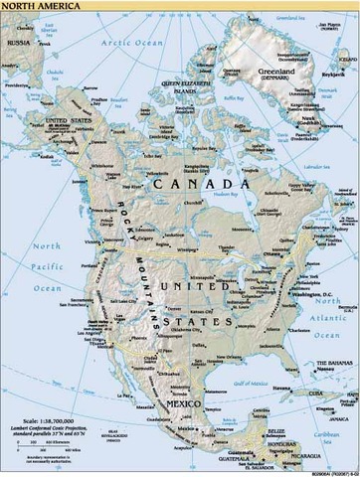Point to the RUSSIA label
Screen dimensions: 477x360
(x=17, y=44)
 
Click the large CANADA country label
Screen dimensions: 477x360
(x=210, y=185)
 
